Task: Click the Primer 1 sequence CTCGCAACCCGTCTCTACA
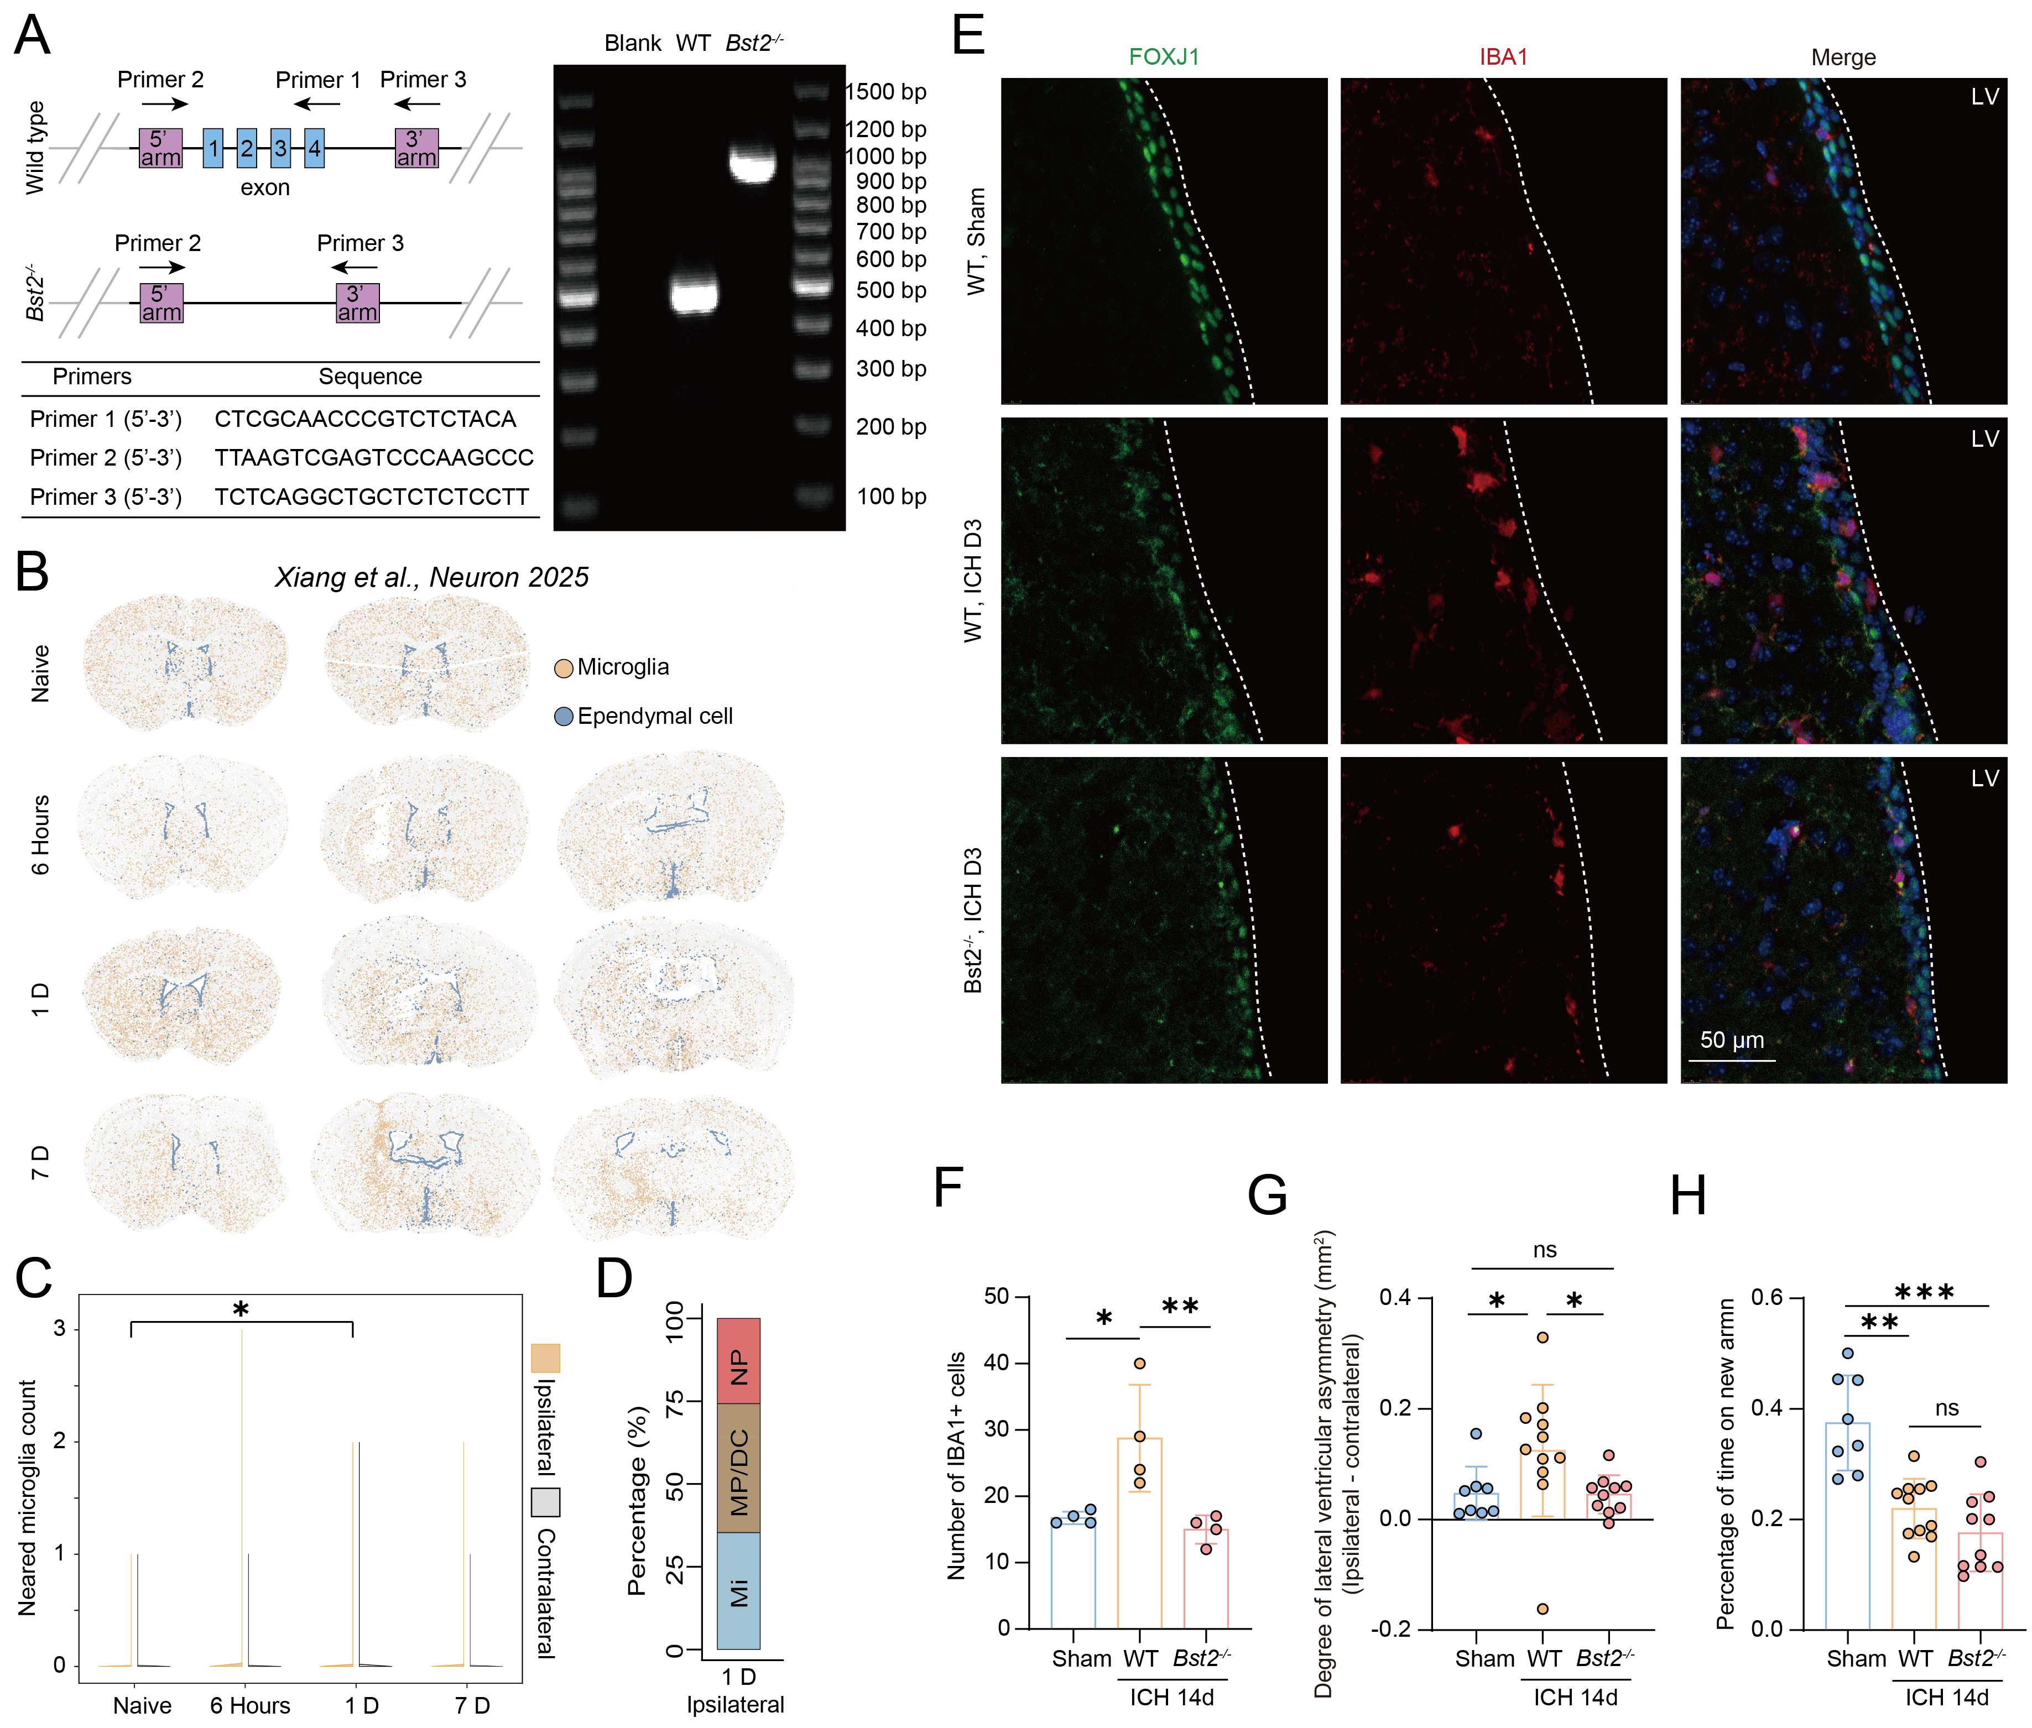click(x=364, y=419)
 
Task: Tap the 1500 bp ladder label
click(x=885, y=92)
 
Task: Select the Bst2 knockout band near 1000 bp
click(x=752, y=163)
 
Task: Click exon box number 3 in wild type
click(x=280, y=149)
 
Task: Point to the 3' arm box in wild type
click(x=416, y=149)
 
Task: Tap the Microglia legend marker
click(x=564, y=668)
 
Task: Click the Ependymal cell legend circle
click(x=564, y=717)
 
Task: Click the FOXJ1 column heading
click(x=1164, y=57)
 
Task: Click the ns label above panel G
click(x=1544, y=1250)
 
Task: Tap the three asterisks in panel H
click(x=1924, y=1293)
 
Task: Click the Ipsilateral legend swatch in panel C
click(x=546, y=1358)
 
